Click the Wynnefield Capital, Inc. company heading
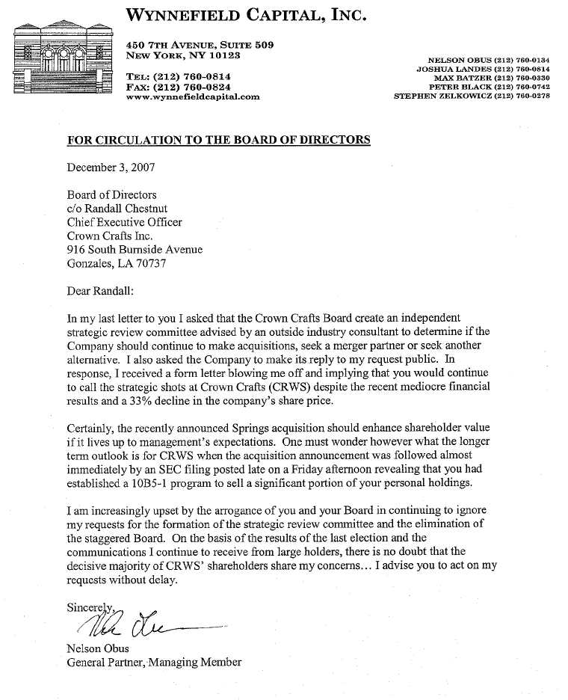[247, 16]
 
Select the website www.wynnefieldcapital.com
[193, 96]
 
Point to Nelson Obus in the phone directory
[488, 60]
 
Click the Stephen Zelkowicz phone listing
[472, 96]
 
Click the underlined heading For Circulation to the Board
[218, 140]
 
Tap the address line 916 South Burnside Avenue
[135, 250]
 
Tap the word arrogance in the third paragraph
[230, 510]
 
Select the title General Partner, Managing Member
[154, 662]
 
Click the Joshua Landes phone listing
[483, 69]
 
